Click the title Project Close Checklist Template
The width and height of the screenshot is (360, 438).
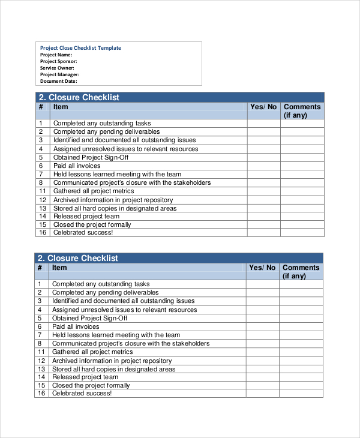[80, 48]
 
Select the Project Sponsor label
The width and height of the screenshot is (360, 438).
[58, 61]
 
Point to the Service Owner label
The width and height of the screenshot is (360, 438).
[57, 68]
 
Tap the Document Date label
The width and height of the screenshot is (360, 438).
[58, 81]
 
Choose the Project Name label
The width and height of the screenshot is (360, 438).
[56, 55]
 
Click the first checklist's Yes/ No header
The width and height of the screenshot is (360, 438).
[263, 107]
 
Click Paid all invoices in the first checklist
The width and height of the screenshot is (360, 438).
[77, 166]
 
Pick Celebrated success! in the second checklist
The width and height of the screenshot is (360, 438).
[82, 393]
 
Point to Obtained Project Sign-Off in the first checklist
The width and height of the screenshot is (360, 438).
[91, 157]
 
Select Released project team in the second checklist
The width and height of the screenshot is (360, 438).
[85, 377]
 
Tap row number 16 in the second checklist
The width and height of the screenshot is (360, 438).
[41, 393]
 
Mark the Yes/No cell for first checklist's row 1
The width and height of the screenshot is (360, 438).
[263, 124]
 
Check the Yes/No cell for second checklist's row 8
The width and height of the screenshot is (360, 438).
[262, 344]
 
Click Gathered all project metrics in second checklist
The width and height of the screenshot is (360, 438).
[92, 352]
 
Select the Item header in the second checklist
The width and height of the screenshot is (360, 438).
[59, 268]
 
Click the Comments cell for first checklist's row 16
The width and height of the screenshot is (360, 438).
[302, 232]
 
